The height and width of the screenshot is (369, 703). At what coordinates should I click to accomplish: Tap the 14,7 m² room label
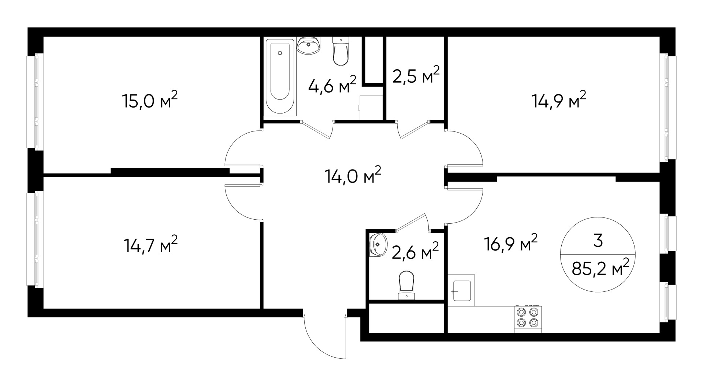(150, 245)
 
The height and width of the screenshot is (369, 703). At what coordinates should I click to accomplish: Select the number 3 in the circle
(598, 241)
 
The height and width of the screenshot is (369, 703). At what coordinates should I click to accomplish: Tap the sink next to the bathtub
(309, 46)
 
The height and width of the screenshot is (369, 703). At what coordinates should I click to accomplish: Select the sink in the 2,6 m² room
(378, 244)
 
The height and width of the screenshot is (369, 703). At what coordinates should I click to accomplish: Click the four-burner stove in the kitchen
(528, 317)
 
